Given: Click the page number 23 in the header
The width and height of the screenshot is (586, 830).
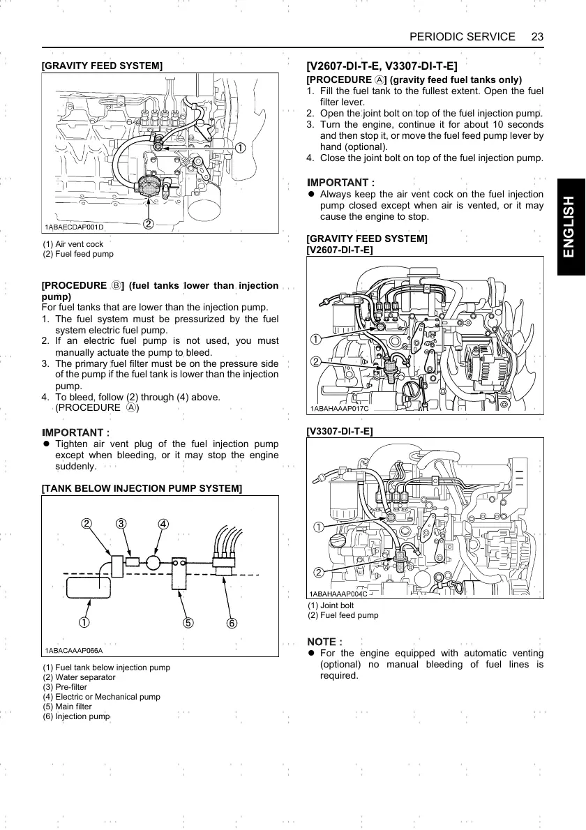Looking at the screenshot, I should point(537,37).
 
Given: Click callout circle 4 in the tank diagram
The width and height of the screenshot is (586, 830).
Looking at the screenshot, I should point(163,524).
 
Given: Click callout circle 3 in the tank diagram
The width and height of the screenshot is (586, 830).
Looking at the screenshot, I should point(121,524).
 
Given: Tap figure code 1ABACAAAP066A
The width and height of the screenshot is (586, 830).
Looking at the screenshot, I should point(74,650).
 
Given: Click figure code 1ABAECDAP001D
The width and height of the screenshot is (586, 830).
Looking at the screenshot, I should point(74,227).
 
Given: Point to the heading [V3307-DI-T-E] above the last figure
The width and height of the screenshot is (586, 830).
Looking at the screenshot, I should point(340,432).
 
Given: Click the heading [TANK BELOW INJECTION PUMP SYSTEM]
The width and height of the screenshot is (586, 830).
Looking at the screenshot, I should point(142,488).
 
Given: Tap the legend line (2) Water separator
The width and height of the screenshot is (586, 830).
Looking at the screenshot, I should point(79,677).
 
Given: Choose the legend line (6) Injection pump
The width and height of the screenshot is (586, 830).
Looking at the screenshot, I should point(76,716).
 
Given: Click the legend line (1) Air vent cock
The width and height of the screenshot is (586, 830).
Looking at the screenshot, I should point(73,244).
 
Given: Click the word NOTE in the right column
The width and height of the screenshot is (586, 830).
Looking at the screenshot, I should point(322,641).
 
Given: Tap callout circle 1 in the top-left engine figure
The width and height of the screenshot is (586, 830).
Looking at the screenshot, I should point(239,148).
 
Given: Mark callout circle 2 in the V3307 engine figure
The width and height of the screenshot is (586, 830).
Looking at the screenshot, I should point(317,573).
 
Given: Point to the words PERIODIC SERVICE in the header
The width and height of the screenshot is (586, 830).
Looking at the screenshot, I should point(463,37).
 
